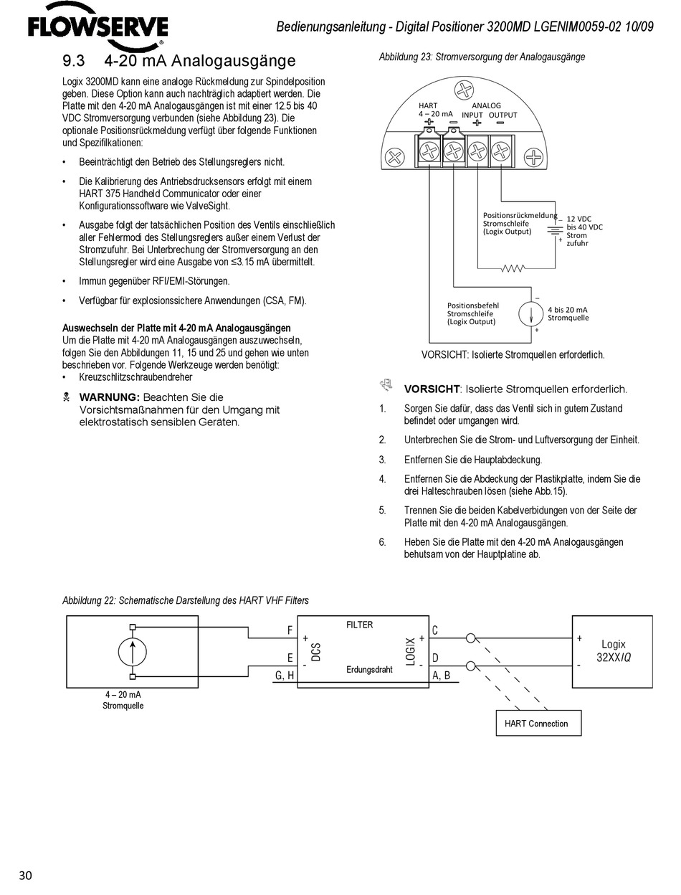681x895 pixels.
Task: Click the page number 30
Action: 26,875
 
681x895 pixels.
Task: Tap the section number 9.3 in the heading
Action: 75,61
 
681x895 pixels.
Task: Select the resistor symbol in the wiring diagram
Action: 513,268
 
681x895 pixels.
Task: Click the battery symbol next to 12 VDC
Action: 553,229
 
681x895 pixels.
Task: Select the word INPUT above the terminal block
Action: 472,115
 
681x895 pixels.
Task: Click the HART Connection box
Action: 536,724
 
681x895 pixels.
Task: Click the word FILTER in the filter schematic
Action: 359,625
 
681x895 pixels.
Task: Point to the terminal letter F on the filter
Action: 290,630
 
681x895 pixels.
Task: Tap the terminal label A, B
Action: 442,676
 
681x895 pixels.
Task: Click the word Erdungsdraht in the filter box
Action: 369,670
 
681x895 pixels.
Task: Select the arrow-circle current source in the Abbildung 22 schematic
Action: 132,652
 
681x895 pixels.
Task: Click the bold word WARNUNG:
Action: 109,397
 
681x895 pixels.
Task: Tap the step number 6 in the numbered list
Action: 383,542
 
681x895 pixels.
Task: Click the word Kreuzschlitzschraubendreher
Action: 135,377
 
